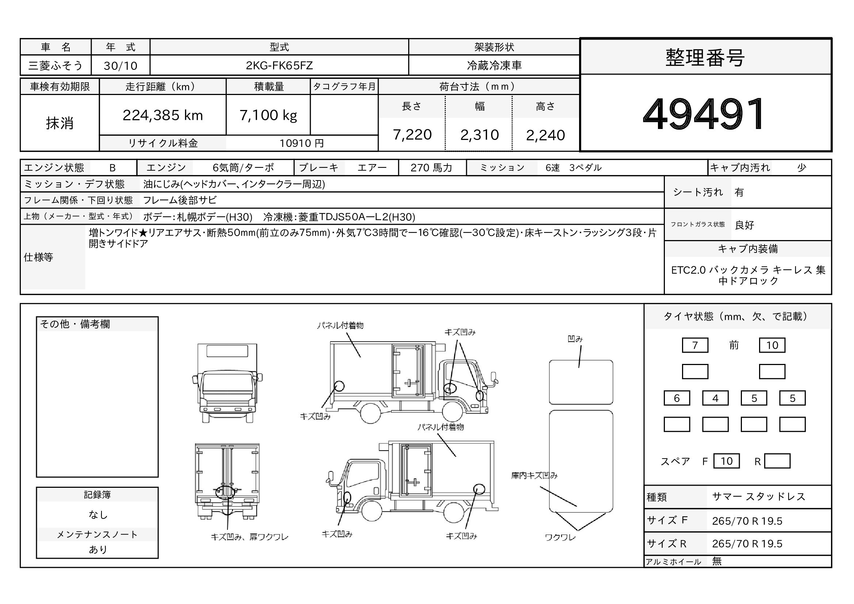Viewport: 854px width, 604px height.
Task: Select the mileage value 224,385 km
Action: pos(162,115)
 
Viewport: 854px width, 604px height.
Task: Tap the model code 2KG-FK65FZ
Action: pos(279,65)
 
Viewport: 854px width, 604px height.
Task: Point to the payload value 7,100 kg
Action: pos(268,115)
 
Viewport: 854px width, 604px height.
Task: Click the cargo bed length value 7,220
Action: pos(412,135)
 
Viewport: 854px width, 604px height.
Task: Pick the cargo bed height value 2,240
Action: pos(545,135)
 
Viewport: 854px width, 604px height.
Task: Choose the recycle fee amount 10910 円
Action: pos(302,143)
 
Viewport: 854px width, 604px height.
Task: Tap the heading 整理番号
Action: pos(705,58)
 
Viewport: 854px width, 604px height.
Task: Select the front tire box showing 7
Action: pos(695,345)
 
